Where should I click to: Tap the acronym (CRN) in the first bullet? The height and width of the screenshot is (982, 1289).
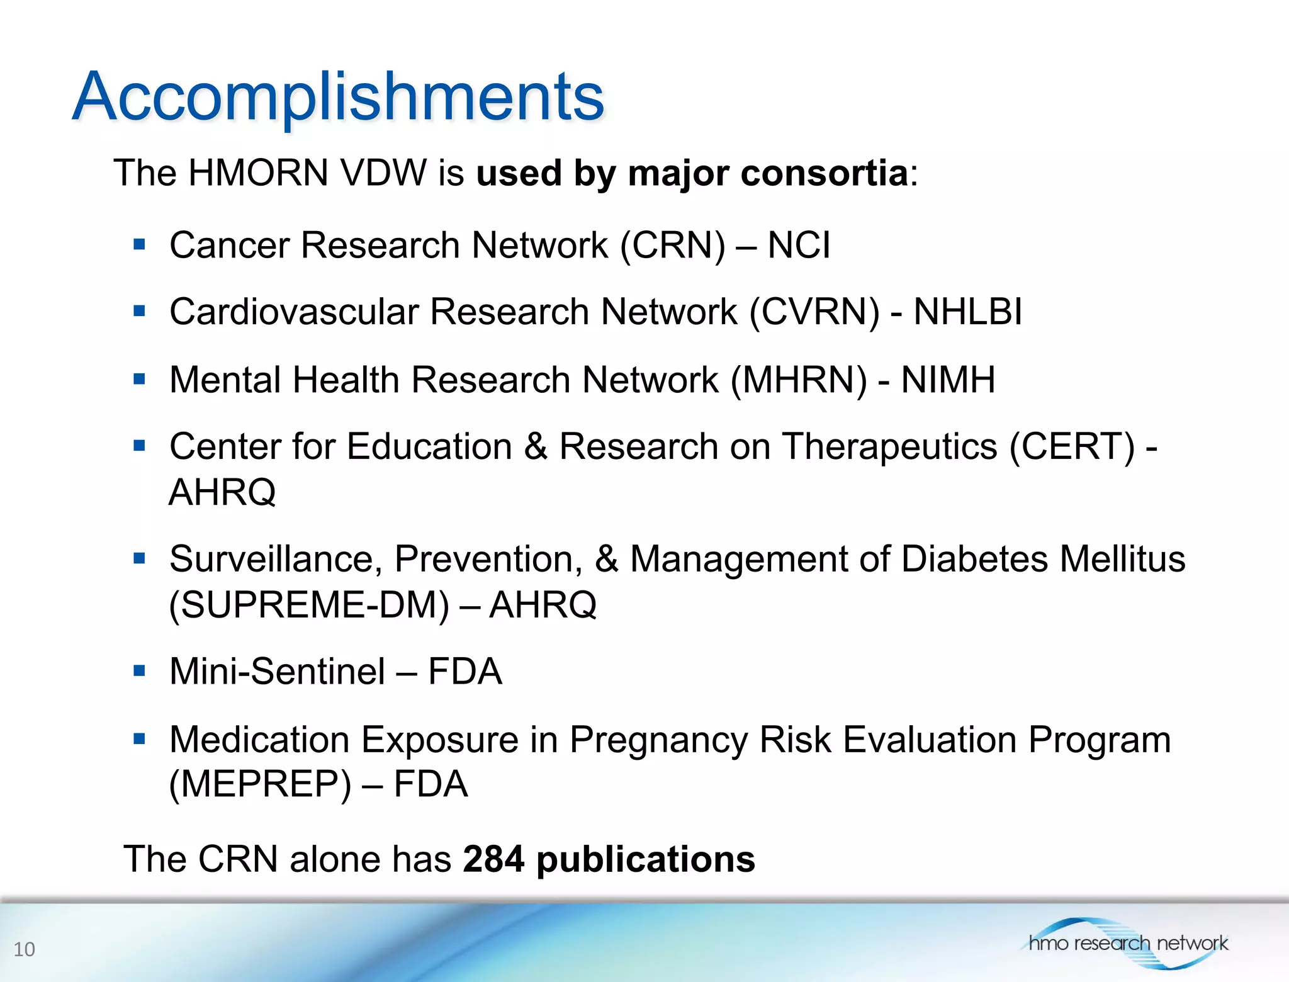673,245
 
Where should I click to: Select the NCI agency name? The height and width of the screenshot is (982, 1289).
799,245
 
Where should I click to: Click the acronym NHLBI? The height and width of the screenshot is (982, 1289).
967,312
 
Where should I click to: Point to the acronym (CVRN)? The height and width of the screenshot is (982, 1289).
814,312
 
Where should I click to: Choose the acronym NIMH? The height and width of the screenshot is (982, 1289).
948,380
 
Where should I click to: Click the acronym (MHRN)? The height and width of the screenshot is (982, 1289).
799,380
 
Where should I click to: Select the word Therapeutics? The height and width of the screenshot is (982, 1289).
889,447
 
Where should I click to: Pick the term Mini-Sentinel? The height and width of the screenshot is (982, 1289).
277,671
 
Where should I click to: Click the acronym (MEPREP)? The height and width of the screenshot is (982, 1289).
260,784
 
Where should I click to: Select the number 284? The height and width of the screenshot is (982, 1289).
493,859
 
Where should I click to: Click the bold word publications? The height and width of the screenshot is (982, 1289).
645,860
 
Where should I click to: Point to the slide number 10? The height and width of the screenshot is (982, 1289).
25,949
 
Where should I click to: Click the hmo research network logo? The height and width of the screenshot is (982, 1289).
1127,942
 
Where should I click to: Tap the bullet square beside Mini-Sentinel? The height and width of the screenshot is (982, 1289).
139,670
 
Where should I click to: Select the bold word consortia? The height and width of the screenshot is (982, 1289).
824,172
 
